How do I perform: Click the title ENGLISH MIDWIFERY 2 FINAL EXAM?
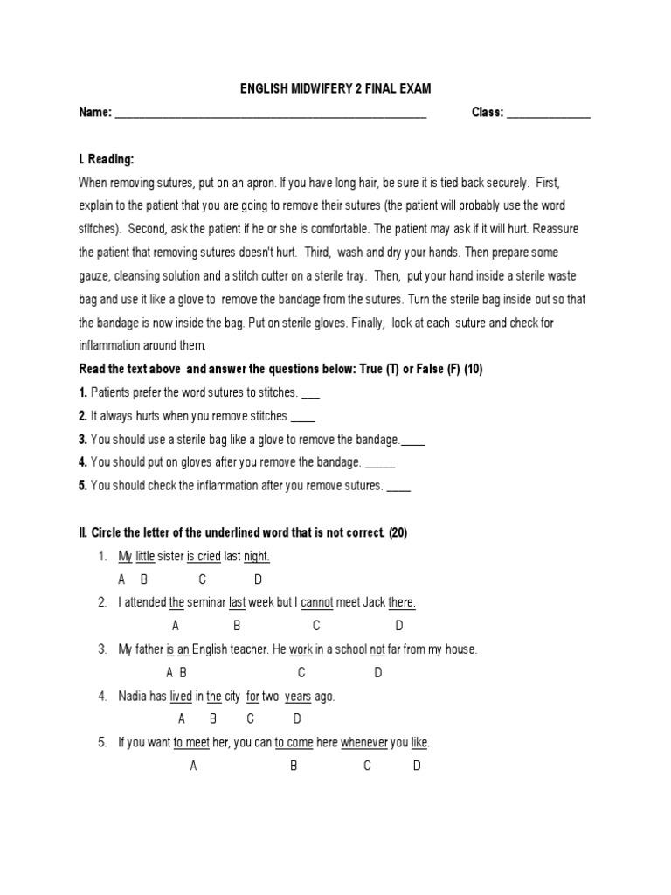click(x=336, y=88)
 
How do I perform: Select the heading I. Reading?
click(x=107, y=159)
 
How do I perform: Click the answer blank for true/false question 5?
click(x=398, y=487)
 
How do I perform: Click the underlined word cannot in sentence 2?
click(x=317, y=602)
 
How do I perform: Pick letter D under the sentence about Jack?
click(x=399, y=626)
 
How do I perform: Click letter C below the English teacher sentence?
click(x=301, y=672)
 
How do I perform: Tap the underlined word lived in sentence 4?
click(x=181, y=697)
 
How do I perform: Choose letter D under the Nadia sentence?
click(x=297, y=719)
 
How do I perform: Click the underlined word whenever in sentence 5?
click(x=364, y=743)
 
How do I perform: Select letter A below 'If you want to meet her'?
click(x=193, y=766)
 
